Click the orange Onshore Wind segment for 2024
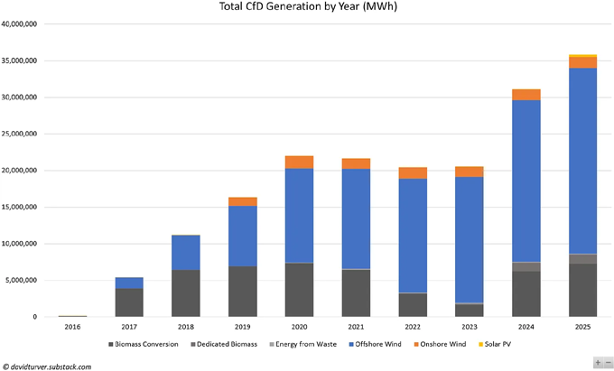tap(526, 95)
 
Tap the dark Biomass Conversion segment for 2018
tap(186, 293)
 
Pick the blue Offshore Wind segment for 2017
tap(129, 283)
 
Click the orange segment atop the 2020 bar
tap(299, 162)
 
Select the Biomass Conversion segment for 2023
tap(469, 311)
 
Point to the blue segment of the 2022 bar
tap(413, 236)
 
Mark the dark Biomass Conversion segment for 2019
tap(242, 292)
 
